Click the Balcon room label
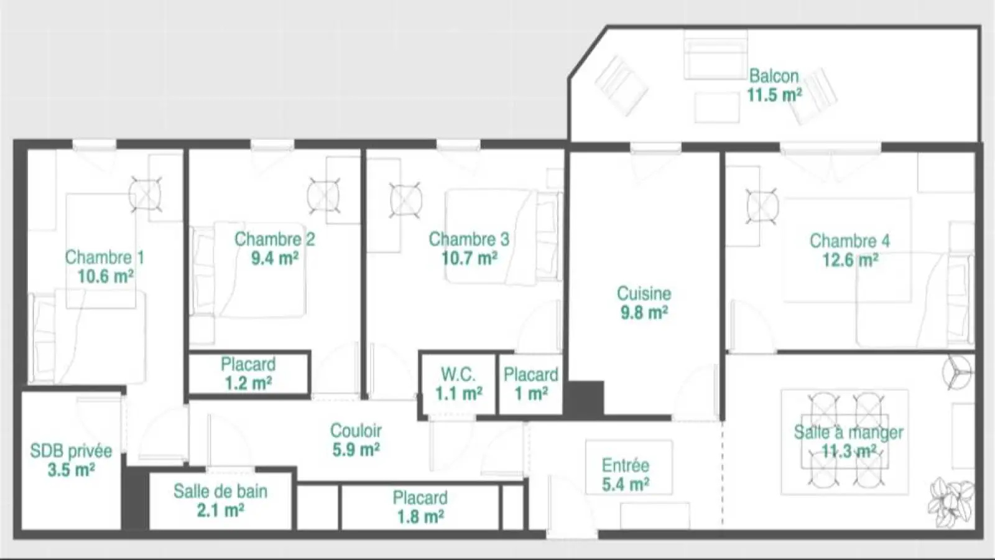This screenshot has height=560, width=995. [774, 76]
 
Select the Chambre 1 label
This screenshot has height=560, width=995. [104, 258]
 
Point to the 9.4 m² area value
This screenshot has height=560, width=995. [274, 258]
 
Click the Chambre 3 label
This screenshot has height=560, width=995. [469, 239]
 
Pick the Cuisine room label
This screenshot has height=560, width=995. [644, 293]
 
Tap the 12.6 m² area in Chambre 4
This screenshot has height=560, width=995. [850, 260]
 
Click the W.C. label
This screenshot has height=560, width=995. [458, 375]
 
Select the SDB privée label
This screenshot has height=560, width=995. [71, 451]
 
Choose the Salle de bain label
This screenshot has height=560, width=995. [220, 491]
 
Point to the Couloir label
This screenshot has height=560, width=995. [356, 431]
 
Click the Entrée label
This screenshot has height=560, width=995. [626, 465]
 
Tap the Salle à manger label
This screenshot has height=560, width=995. [848, 432]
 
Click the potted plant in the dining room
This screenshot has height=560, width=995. [951, 502]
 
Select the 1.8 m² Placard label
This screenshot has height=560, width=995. [420, 507]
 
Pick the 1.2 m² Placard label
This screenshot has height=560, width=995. [248, 374]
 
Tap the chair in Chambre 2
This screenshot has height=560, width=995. [324, 195]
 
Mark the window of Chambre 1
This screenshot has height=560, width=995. [95, 145]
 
